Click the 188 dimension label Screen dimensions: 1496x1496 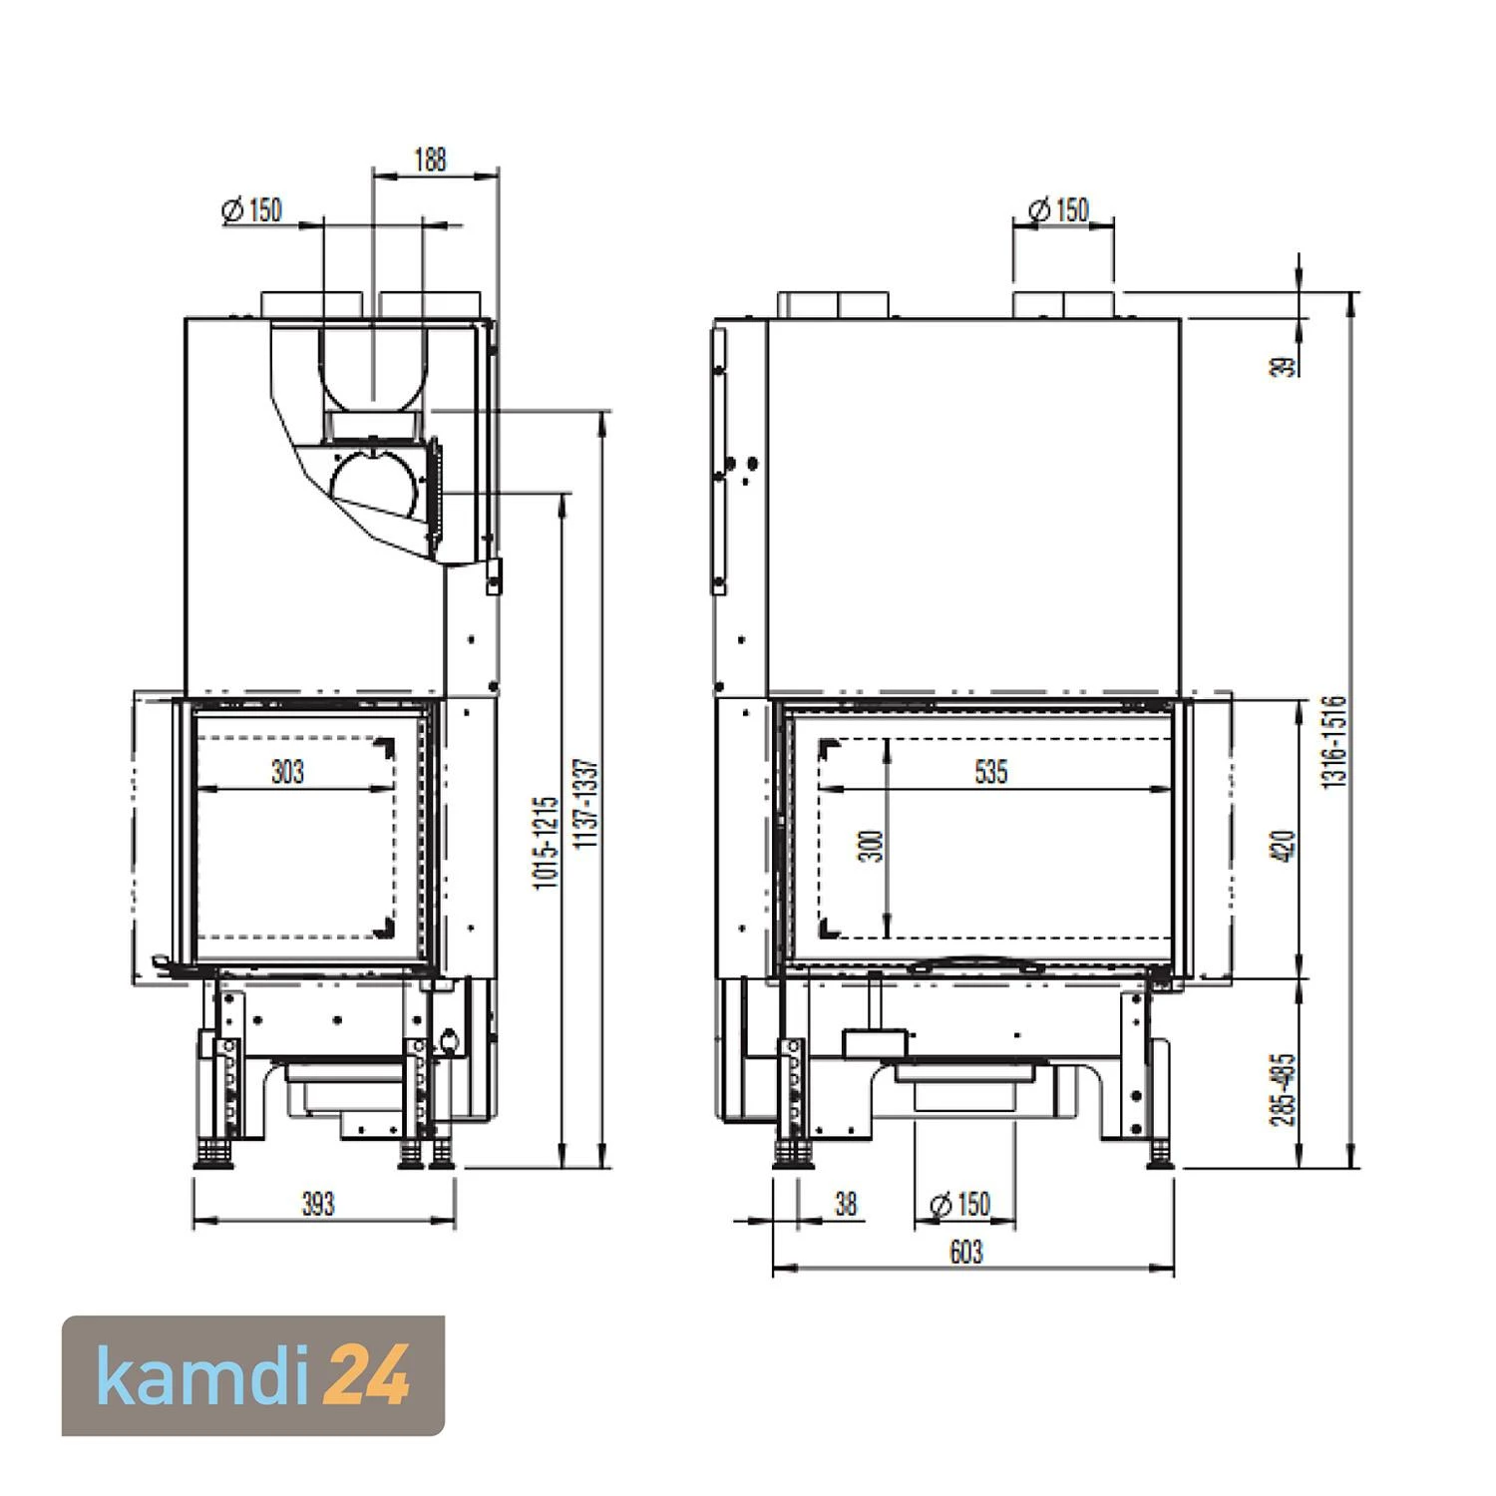[429, 160]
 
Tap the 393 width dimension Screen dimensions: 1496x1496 [318, 1204]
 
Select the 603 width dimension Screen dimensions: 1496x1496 [965, 1252]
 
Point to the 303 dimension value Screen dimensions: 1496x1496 [287, 772]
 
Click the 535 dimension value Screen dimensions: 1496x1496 [990, 772]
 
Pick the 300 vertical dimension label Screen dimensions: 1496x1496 [872, 846]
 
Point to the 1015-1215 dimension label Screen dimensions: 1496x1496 [546, 843]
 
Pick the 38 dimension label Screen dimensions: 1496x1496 [846, 1204]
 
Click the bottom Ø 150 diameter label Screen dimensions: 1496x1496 [959, 1204]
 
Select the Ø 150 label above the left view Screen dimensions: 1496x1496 [252, 210]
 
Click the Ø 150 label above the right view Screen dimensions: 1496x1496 [1058, 210]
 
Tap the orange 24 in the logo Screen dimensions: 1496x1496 [369, 1376]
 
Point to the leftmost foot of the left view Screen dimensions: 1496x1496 [210, 1155]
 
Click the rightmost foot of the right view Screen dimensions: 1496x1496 [1160, 1155]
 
